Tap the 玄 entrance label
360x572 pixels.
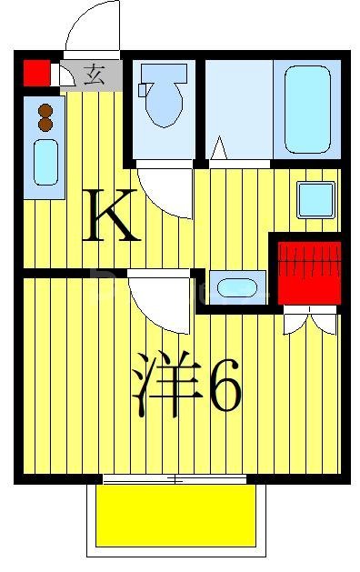click(x=94, y=75)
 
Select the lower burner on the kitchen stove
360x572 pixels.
click(x=45, y=126)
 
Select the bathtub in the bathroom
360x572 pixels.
click(x=305, y=109)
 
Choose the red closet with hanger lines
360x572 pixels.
click(x=306, y=270)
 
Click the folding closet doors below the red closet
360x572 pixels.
click(x=309, y=320)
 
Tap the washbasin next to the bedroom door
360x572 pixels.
click(x=235, y=289)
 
